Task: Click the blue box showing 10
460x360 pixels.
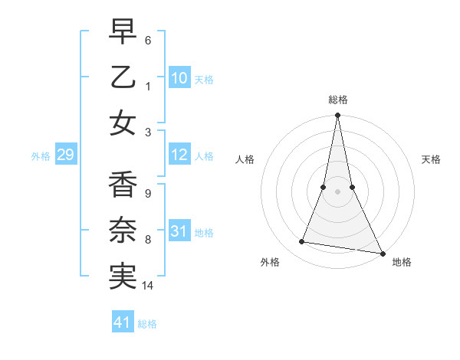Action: coord(179,77)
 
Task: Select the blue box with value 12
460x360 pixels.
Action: coord(179,155)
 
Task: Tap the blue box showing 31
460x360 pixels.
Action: coord(179,231)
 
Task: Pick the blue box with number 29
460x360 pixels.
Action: coord(65,155)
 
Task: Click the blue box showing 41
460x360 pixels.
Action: coord(123,322)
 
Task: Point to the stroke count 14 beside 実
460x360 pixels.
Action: coord(149,286)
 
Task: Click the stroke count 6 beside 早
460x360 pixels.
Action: coord(148,39)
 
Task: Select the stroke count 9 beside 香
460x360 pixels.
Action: coord(148,193)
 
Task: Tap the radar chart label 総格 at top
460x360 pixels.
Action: coord(338,100)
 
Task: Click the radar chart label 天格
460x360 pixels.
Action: coord(431,159)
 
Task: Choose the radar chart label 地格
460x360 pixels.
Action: coord(402,262)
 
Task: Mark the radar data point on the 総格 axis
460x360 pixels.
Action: coord(337,116)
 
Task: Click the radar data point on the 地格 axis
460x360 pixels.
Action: coord(382,254)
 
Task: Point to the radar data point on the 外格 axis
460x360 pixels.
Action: coord(302,242)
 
